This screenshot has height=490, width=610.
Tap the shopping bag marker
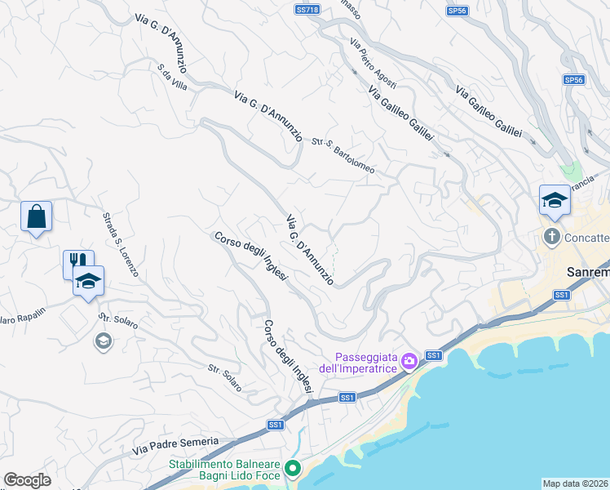point(36,217)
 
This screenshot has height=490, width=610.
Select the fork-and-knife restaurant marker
point(77,262)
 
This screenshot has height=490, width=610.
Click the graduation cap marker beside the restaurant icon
point(88,282)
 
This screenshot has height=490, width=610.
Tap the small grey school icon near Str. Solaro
point(103,341)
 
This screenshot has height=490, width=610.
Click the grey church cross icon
point(552,238)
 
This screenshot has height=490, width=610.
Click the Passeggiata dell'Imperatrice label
point(365,362)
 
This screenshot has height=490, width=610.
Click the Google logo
point(26,479)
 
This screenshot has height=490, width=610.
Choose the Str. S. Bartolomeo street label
point(343,155)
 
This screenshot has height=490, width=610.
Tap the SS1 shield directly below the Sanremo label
point(561,295)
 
